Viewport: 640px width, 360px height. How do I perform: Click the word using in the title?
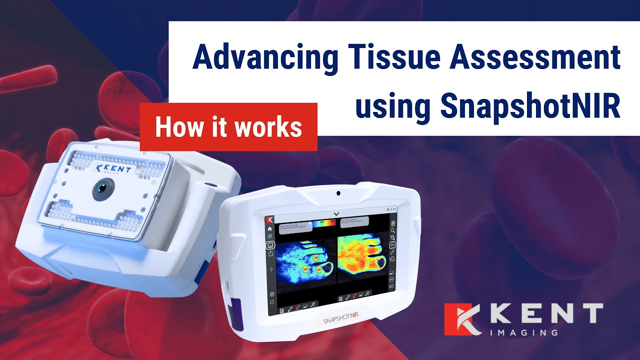(x=393, y=106)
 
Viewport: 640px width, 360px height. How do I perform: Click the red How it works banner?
(x=228, y=127)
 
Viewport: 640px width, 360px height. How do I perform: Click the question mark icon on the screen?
(x=271, y=270)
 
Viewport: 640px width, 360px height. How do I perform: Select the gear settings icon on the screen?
(x=272, y=294)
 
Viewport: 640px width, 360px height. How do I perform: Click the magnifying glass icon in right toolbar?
(x=393, y=230)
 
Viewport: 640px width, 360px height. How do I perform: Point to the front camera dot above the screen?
(x=338, y=193)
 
